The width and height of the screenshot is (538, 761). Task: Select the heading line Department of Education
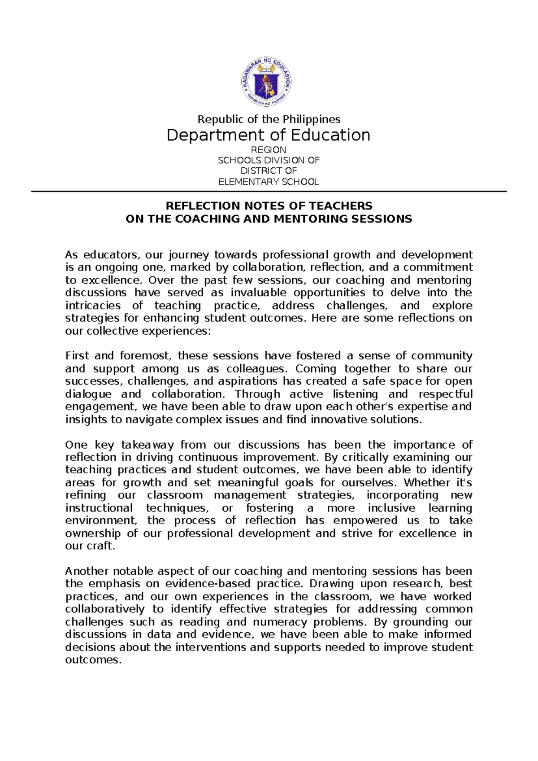click(x=268, y=135)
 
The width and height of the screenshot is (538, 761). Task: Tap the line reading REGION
click(x=269, y=150)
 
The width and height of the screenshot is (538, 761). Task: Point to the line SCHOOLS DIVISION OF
click(x=269, y=160)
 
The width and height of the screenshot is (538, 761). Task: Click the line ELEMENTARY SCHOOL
click(x=269, y=182)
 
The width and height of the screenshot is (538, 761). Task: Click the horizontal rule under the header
click(x=269, y=192)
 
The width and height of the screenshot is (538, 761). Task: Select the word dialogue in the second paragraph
click(x=88, y=394)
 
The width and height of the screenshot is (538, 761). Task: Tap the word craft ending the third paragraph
click(x=103, y=546)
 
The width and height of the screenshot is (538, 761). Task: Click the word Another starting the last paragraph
click(x=87, y=571)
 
